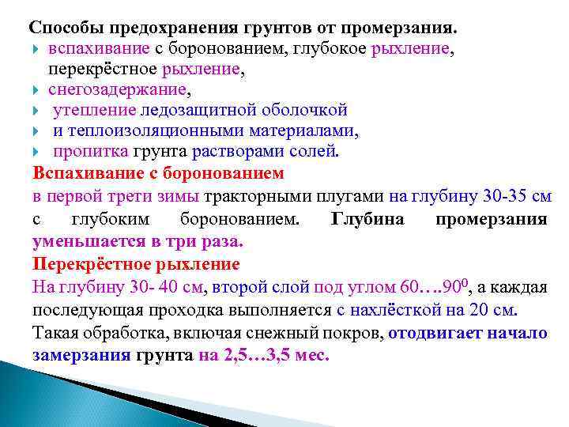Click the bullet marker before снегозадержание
[37, 90]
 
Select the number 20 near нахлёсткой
[487, 309]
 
